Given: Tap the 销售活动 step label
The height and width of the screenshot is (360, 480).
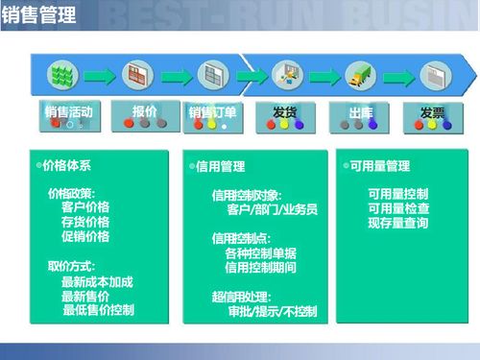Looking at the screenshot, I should click(69, 112).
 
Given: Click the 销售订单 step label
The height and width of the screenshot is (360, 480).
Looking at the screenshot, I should click(213, 113).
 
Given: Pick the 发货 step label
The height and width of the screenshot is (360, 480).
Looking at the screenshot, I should click(284, 112).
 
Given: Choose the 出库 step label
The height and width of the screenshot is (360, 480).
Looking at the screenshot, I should click(361, 112).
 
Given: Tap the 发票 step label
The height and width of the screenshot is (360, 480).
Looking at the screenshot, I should click(432, 112).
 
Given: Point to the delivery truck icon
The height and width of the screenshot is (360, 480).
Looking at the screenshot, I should click(361, 75).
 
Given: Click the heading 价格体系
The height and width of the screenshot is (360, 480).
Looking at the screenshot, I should click(67, 166).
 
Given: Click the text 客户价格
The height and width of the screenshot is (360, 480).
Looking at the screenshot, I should click(85, 207).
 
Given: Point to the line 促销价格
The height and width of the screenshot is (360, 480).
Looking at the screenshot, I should click(85, 236).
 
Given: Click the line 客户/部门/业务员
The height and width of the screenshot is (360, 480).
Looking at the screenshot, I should click(272, 209).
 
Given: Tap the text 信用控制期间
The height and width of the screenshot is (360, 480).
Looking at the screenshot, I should click(261, 268).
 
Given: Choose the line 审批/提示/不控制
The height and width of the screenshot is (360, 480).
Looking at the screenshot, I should click(273, 312).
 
